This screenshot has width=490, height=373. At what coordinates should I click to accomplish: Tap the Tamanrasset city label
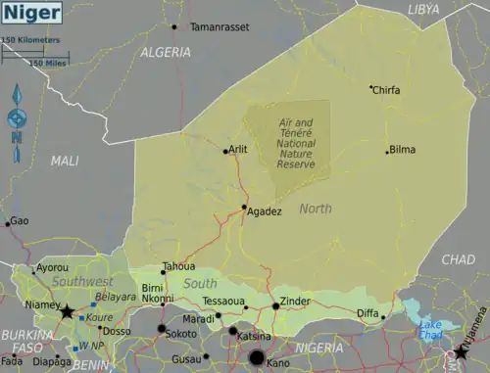click(219, 27)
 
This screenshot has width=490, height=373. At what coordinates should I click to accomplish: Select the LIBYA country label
click(423, 9)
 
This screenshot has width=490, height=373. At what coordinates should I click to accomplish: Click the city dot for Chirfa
click(370, 88)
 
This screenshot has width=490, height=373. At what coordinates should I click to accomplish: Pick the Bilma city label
click(403, 150)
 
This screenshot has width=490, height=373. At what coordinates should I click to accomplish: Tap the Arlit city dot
click(225, 151)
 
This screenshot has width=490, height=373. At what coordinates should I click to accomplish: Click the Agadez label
click(266, 211)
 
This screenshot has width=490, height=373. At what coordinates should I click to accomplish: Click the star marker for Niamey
click(67, 313)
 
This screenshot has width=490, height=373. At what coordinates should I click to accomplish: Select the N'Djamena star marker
click(461, 351)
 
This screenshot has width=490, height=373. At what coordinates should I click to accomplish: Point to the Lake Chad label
click(431, 330)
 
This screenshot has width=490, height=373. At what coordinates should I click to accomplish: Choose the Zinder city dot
click(275, 306)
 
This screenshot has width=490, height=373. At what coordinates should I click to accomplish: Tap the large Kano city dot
click(257, 358)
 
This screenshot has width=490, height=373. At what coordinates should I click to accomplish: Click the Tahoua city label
click(179, 266)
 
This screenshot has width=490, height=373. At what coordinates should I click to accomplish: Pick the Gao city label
click(20, 221)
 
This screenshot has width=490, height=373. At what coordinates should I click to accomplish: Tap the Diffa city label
click(367, 313)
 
